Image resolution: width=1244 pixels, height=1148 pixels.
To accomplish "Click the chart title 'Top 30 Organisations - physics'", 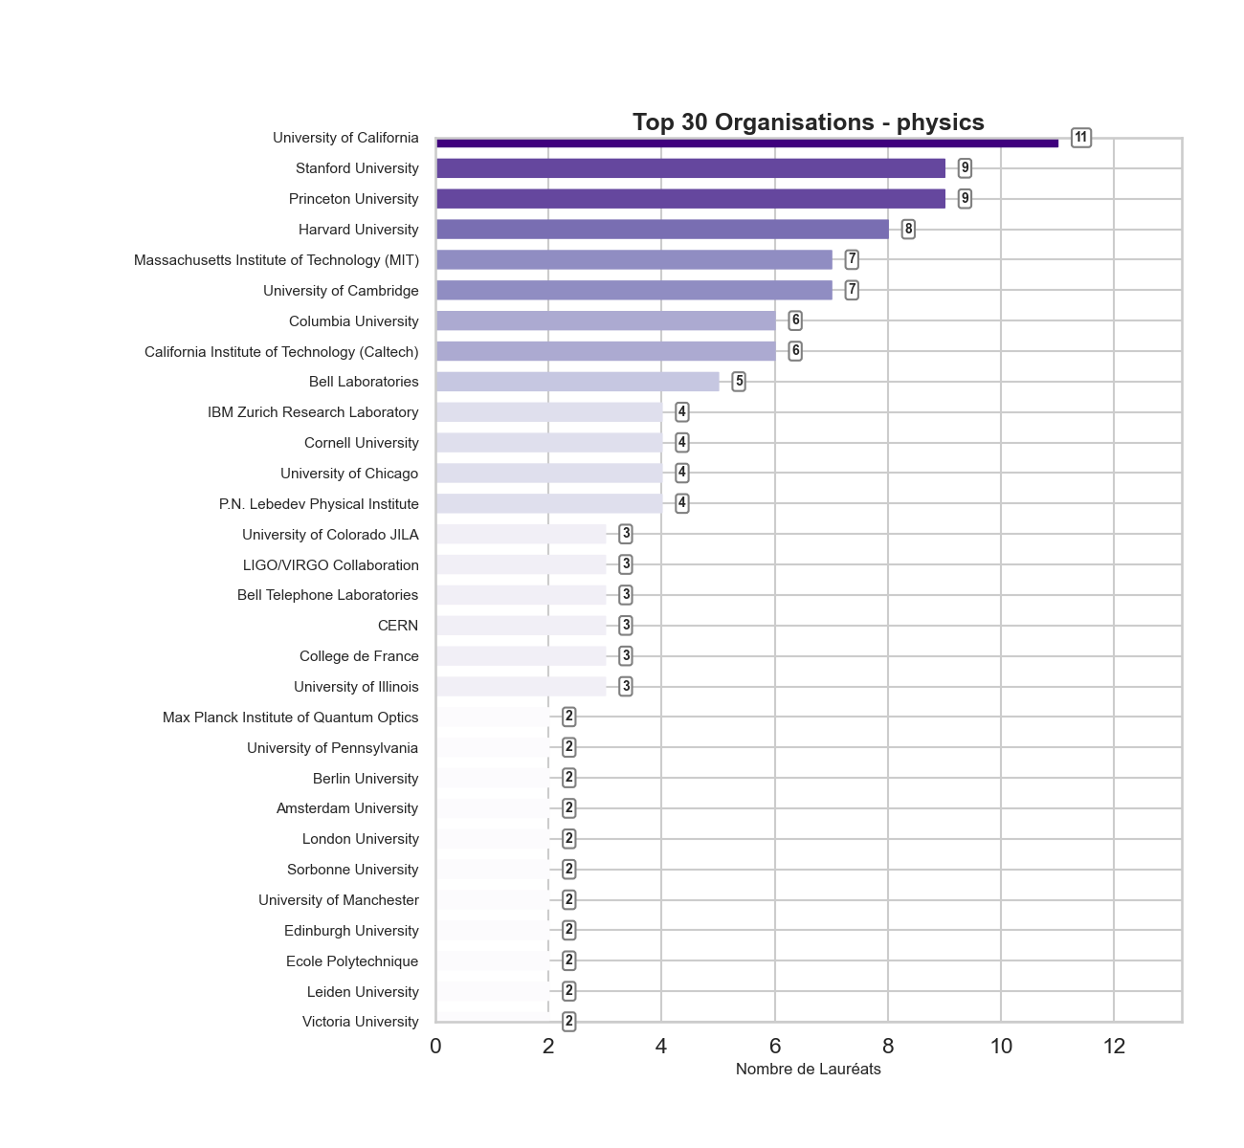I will pyautogui.click(x=808, y=122).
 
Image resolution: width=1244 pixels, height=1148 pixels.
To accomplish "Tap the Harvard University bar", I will pyautogui.click(x=662, y=230).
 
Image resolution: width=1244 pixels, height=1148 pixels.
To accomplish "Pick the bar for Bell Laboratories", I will pyautogui.click(x=577, y=382).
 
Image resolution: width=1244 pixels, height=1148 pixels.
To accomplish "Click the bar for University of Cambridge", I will pyautogui.click(x=633, y=290).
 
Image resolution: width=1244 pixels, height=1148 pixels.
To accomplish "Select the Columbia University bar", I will pyautogui.click(x=606, y=320).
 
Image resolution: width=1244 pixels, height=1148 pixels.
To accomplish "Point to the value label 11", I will pyautogui.click(x=1080, y=138).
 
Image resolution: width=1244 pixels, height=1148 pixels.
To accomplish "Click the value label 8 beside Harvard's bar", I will pyautogui.click(x=908, y=230).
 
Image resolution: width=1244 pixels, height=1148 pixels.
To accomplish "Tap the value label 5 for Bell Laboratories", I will pyautogui.click(x=739, y=382).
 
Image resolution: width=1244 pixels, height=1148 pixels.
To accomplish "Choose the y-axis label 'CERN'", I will pyautogui.click(x=398, y=626).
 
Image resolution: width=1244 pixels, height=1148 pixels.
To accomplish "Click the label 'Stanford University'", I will pyautogui.click(x=357, y=168).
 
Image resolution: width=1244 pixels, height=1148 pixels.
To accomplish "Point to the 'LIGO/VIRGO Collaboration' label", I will pyautogui.click(x=330, y=565).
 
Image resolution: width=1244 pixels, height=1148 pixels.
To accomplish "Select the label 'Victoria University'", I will pyautogui.click(x=360, y=1022).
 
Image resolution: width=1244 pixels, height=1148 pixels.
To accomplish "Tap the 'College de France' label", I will pyautogui.click(x=359, y=656).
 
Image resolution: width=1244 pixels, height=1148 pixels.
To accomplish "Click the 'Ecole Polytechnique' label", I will pyautogui.click(x=352, y=961).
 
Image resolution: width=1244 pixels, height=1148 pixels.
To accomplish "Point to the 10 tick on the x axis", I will pyautogui.click(x=1001, y=1047).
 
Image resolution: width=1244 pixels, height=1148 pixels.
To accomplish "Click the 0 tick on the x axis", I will pyautogui.click(x=436, y=1047).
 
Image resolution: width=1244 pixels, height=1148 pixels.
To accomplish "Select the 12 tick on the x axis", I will pyautogui.click(x=1114, y=1047).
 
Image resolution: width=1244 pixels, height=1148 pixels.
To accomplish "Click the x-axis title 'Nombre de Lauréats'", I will pyautogui.click(x=808, y=1070).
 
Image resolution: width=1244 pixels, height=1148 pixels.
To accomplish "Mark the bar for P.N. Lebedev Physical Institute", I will pyautogui.click(x=549, y=503).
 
